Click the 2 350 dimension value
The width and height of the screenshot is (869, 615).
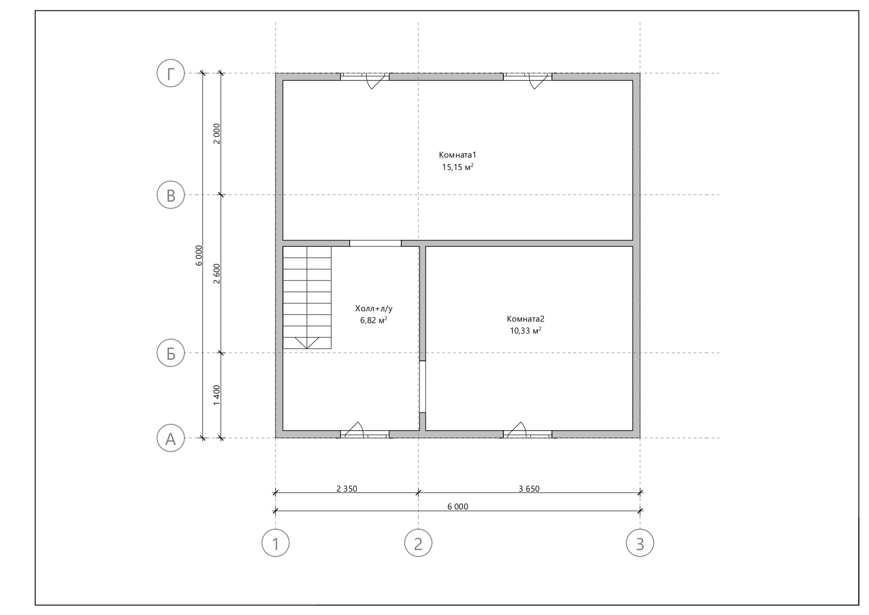(x=347, y=489)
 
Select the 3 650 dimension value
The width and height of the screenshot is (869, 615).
(x=529, y=489)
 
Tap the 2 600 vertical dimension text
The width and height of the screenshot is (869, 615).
(x=217, y=274)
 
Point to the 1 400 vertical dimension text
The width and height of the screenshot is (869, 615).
(x=217, y=395)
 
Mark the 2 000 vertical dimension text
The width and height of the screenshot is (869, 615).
(x=217, y=134)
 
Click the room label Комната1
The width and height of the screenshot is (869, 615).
(x=458, y=155)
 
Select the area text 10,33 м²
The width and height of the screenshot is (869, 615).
(x=526, y=331)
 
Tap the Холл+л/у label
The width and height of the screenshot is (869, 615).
(x=374, y=309)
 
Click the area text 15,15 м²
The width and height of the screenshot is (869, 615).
(x=458, y=167)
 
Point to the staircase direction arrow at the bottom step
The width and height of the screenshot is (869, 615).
(x=307, y=343)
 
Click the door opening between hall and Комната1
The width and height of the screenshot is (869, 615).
(x=376, y=243)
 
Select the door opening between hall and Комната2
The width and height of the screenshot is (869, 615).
(x=423, y=387)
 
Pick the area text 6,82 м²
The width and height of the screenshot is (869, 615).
(x=374, y=321)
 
